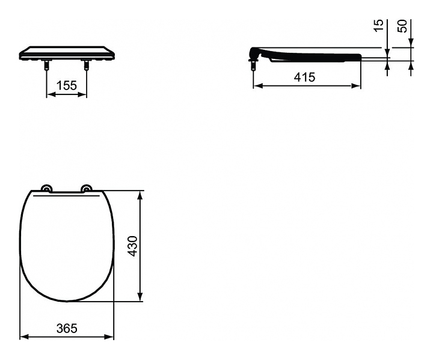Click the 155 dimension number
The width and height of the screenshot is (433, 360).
click(x=67, y=85)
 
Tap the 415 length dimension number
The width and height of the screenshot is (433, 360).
click(x=304, y=78)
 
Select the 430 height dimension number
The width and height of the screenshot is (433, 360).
click(x=134, y=246)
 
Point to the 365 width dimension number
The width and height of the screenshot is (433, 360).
click(x=67, y=328)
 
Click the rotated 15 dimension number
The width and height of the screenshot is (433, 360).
click(x=379, y=26)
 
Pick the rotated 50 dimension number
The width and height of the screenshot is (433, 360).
click(x=403, y=26)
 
